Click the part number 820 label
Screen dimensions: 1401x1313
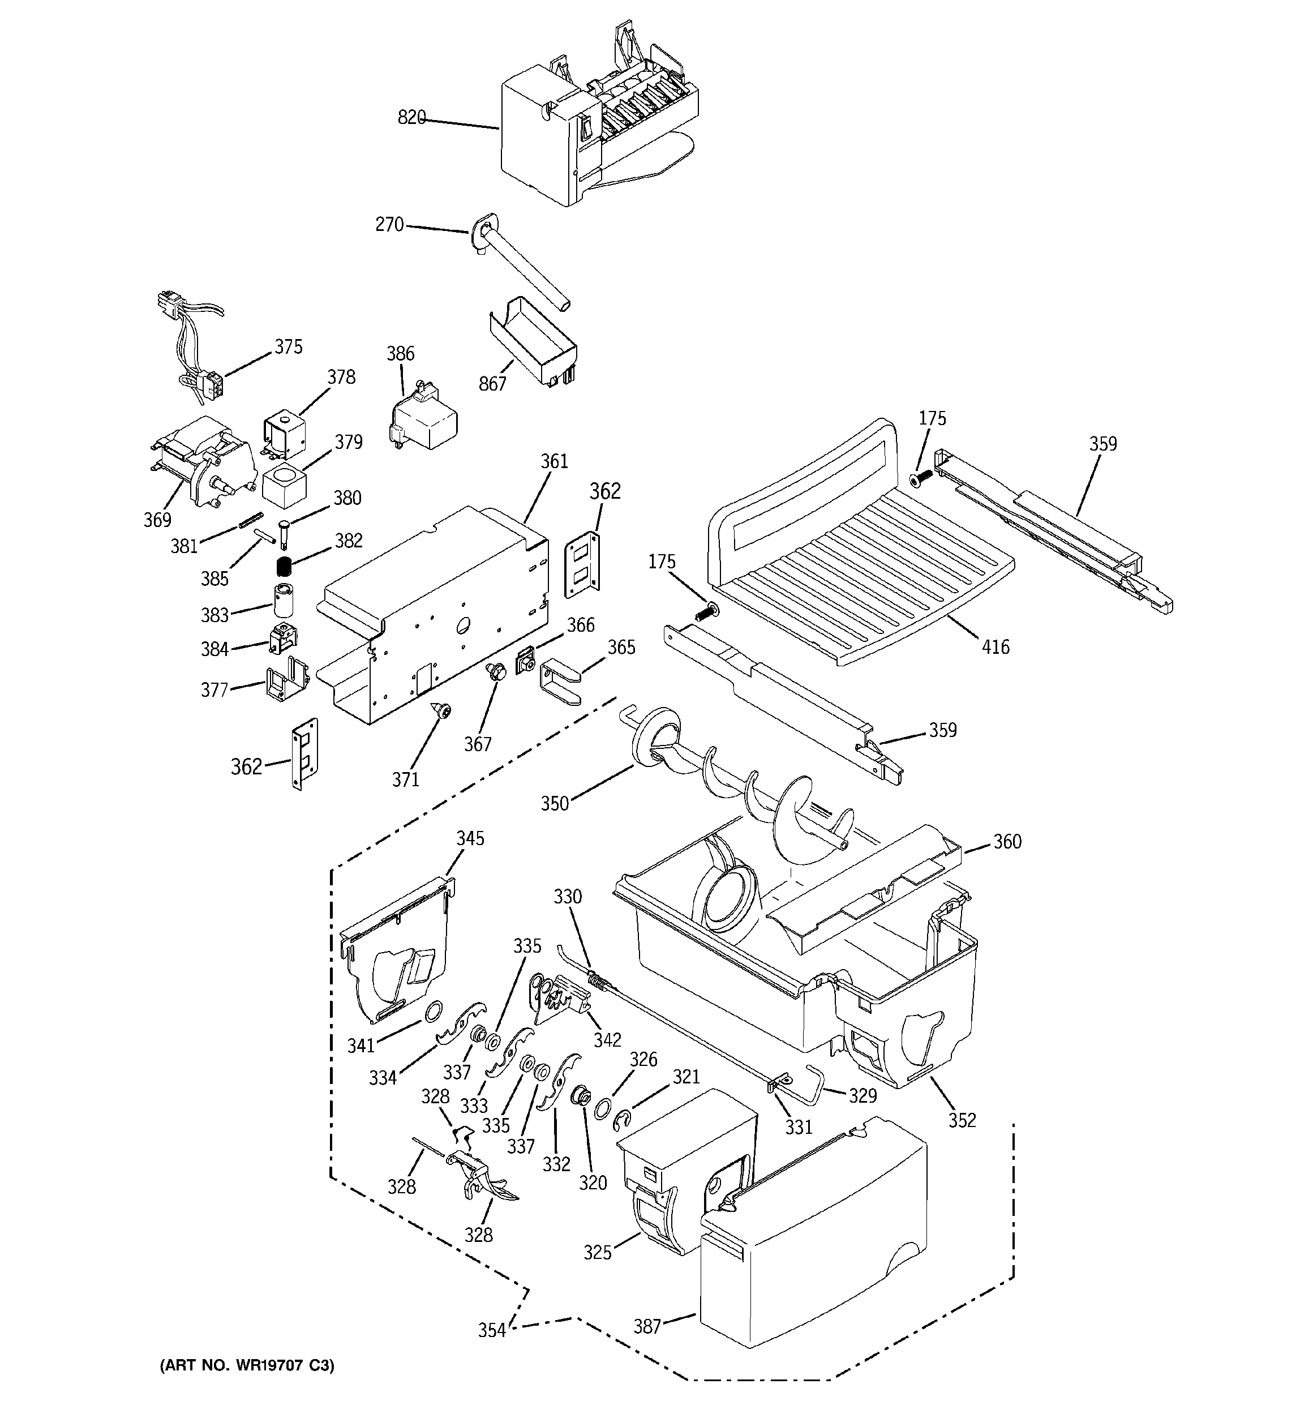pyautogui.click(x=411, y=118)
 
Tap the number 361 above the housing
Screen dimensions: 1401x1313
pyautogui.click(x=554, y=461)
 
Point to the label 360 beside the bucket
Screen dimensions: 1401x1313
pyautogui.click(x=1007, y=841)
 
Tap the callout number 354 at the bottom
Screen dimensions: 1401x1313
pyautogui.click(x=492, y=1330)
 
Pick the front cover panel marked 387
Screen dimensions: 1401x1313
pyautogui.click(x=810, y=1269)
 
